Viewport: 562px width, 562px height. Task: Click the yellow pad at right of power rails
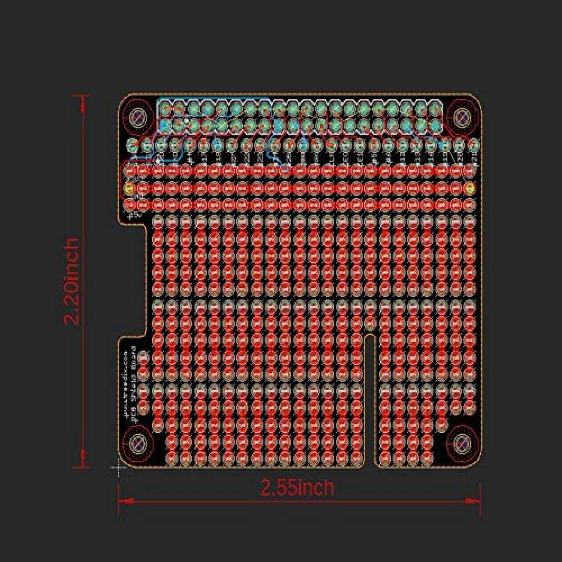[x=469, y=188]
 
